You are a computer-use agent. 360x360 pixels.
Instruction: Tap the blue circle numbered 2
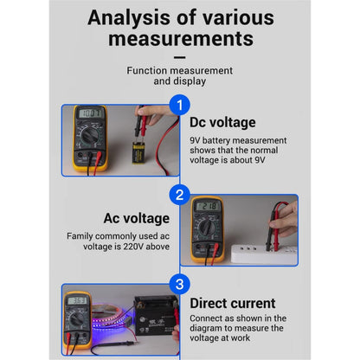[179, 195]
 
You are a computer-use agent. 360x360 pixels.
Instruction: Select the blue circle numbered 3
[178, 284]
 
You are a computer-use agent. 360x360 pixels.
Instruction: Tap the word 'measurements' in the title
[180, 38]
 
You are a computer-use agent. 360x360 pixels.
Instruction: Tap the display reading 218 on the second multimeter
[208, 206]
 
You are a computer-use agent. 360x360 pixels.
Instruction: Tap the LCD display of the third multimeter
[78, 300]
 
